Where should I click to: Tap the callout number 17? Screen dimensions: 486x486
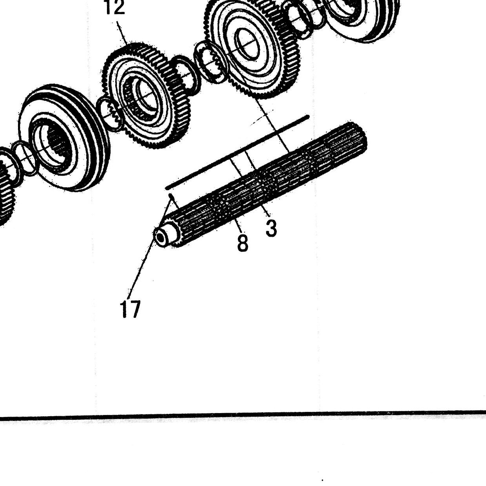(x=130, y=309)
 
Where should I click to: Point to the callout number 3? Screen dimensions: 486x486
(x=271, y=227)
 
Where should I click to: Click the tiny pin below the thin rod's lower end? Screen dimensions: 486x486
(x=170, y=196)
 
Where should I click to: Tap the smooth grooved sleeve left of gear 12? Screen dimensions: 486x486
(x=64, y=138)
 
